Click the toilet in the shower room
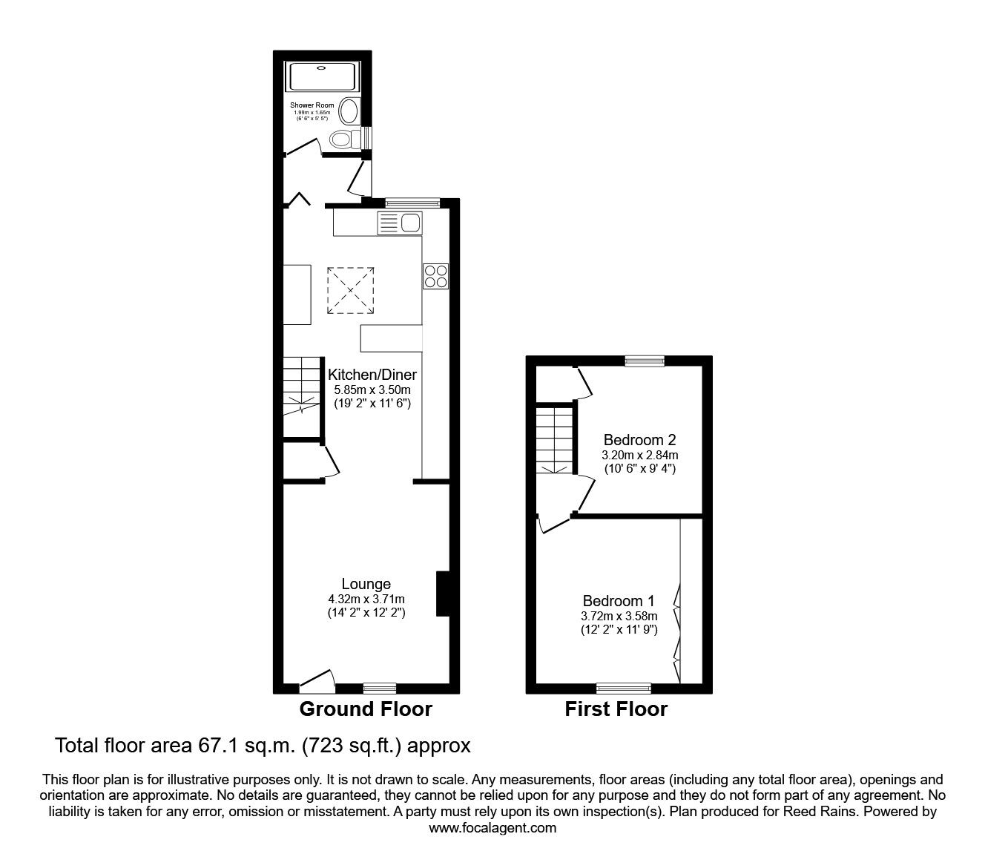[x=343, y=139]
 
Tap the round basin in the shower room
[x=348, y=112]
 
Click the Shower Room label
[x=312, y=106]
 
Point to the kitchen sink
[x=399, y=223]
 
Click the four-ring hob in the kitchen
[x=435, y=276]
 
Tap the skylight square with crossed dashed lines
[x=351, y=291]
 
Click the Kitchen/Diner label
[x=372, y=375]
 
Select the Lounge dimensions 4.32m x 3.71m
[x=366, y=599]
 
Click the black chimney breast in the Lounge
[x=443, y=594]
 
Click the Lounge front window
[x=380, y=687]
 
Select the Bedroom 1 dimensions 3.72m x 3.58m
[x=619, y=616]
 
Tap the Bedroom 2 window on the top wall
[x=644, y=361]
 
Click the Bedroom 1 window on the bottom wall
[x=624, y=688]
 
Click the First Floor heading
[x=616, y=709]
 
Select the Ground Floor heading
[x=366, y=709]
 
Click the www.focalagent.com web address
[x=492, y=828]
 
